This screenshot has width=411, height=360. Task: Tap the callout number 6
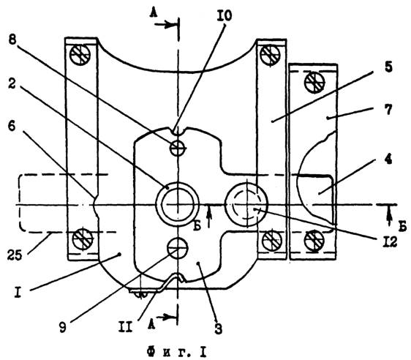[12, 127]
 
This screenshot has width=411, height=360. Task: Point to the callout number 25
[15, 255]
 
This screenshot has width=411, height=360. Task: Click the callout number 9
[62, 328]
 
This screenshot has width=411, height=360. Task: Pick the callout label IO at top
[225, 16]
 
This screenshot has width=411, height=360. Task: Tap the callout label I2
[389, 241]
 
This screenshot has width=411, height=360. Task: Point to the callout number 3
[218, 329]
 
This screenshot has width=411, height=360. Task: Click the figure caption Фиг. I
[177, 352]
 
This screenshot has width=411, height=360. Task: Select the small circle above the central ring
[178, 148]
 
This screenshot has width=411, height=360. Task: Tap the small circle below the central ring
[178, 248]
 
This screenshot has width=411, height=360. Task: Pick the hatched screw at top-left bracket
[80, 56]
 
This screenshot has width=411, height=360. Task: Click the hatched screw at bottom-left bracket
[83, 239]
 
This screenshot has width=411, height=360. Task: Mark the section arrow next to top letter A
[165, 25]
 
